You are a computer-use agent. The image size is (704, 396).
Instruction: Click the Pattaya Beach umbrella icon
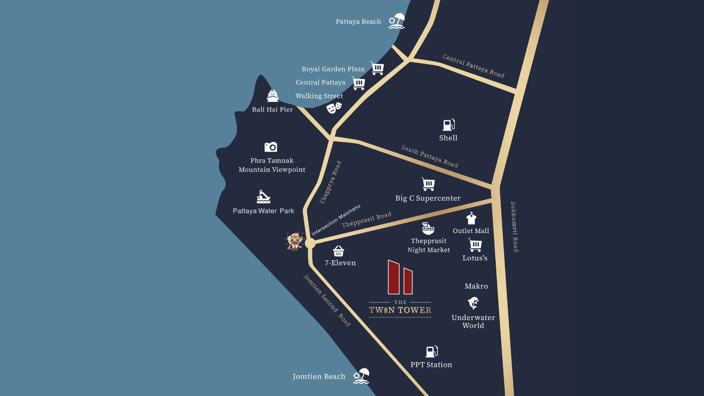[397, 21]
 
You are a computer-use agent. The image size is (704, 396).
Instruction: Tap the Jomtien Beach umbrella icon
[361, 376]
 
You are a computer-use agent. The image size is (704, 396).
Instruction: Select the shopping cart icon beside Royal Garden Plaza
[377, 68]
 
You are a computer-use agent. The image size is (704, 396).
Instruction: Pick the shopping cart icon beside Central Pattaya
[359, 83]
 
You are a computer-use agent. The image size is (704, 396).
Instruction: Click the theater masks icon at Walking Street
[334, 108]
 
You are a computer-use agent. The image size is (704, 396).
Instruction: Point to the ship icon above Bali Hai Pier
[273, 96]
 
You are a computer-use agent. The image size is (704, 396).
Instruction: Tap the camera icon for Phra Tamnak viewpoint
[271, 147]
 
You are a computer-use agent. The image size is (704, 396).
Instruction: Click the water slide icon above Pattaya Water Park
[263, 196]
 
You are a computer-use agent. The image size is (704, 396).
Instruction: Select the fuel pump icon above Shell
[449, 124]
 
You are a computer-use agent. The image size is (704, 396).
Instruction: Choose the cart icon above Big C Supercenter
[428, 184]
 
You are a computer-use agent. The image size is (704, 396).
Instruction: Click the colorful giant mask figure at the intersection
[295, 241]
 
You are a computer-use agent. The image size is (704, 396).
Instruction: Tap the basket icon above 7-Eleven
[338, 251]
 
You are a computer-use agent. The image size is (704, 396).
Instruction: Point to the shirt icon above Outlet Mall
[471, 218]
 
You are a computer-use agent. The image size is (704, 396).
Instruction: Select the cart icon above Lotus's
[475, 245]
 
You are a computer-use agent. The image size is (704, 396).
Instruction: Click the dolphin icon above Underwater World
[473, 303]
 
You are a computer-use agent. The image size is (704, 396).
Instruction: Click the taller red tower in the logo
[393, 277]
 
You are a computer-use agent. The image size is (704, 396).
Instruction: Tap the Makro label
[476, 286]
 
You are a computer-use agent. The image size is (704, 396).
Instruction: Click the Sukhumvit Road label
[515, 226]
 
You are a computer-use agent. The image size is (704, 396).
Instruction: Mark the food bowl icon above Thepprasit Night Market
[428, 228]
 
